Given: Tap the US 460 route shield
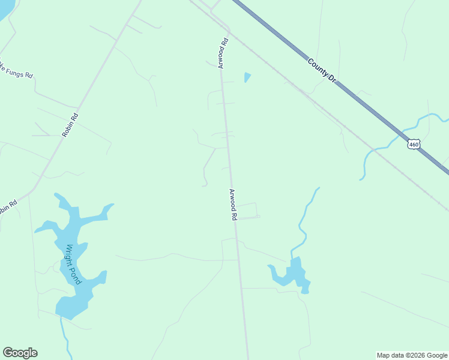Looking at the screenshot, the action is click(x=414, y=144).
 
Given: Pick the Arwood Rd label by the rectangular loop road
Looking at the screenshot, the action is click(x=233, y=205).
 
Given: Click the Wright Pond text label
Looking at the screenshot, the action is click(x=73, y=264).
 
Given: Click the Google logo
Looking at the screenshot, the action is click(x=20, y=353).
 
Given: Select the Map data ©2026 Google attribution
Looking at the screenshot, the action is click(x=412, y=355).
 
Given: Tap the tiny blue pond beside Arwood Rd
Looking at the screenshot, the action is click(x=247, y=77).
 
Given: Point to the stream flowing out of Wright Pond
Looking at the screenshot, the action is click(x=65, y=336).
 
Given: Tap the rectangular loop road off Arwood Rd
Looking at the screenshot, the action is click(x=257, y=210).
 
